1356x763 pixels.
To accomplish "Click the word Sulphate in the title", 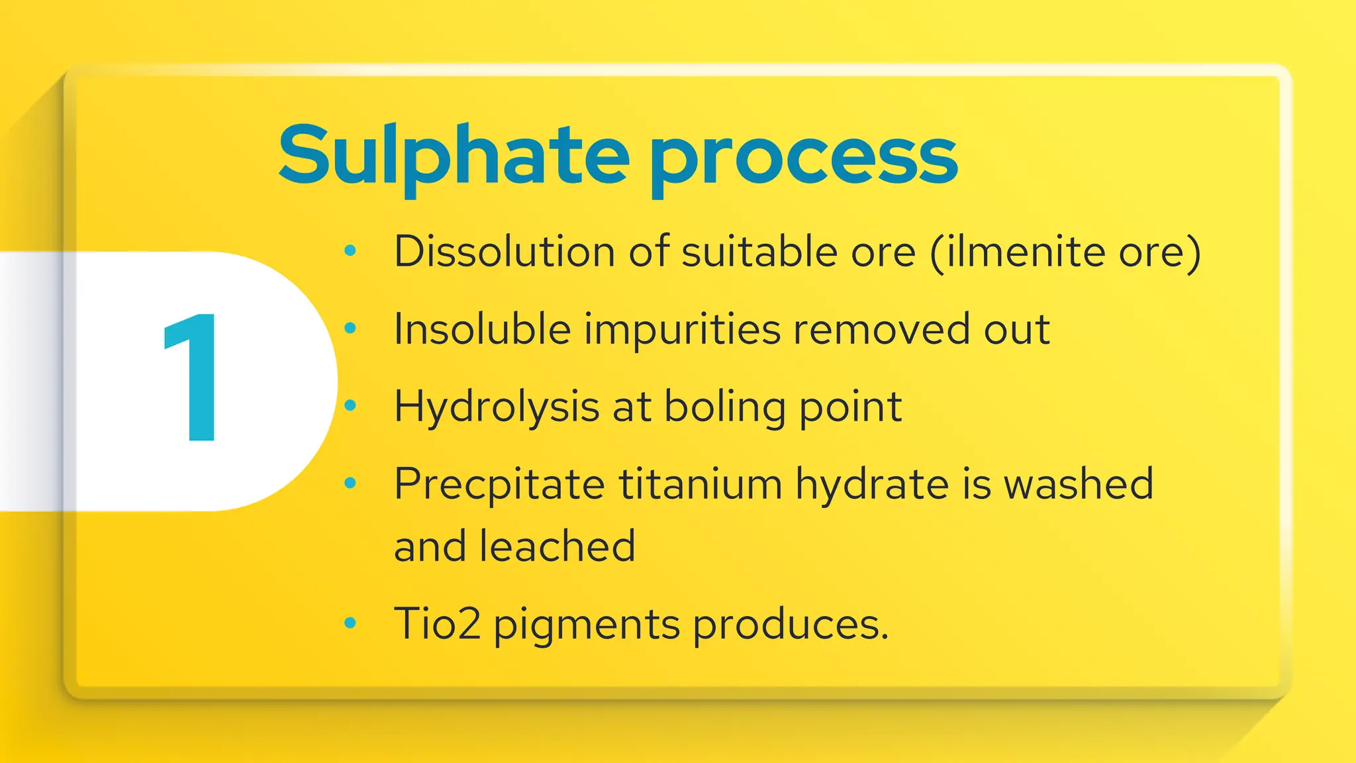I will (454, 156).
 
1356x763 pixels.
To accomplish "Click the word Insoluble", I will (482, 329).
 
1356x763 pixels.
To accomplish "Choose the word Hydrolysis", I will (497, 407).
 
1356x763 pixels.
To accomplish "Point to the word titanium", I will (701, 483).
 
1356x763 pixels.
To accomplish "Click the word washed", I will (1079, 483).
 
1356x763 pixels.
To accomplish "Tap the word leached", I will (557, 546).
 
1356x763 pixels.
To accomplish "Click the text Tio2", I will (437, 624).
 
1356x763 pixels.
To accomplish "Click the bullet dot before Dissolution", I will (351, 250).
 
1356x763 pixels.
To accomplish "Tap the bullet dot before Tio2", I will (351, 623).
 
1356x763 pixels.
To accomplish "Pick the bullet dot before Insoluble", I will (351, 328).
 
